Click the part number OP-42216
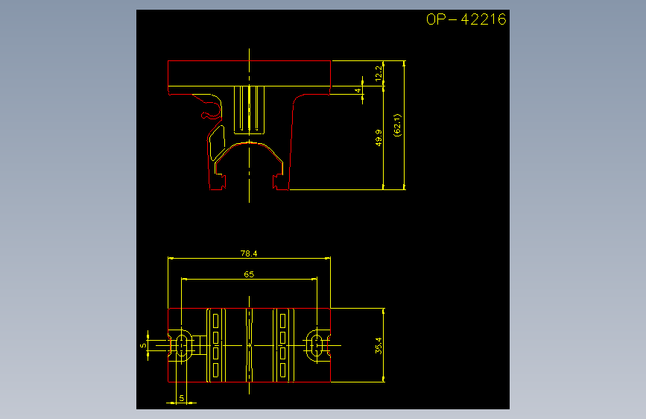point(466,19)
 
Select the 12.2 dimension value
point(379,73)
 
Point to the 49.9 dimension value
point(379,138)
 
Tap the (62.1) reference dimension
point(397,125)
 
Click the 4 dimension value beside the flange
point(358,90)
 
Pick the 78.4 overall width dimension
point(249,253)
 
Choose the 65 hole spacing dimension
point(249,274)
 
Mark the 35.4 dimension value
point(379,346)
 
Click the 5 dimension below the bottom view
point(181,398)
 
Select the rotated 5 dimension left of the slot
point(143,346)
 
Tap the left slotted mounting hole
point(182,346)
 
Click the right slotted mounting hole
point(317,346)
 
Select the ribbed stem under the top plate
point(249,110)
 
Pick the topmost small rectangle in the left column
point(215,321)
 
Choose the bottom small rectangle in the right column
point(282,370)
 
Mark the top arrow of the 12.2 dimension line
point(384,63)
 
